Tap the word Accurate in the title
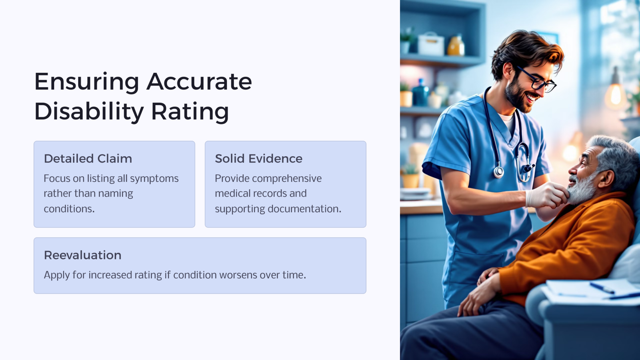coord(199,82)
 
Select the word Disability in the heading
coord(89,112)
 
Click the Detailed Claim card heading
coord(88,159)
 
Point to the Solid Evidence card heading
coord(258,159)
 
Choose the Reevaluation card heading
coord(82,255)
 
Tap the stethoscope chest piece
coord(498,172)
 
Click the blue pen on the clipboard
coord(602,288)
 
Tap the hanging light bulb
coord(615,94)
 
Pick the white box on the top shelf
coord(431,44)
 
